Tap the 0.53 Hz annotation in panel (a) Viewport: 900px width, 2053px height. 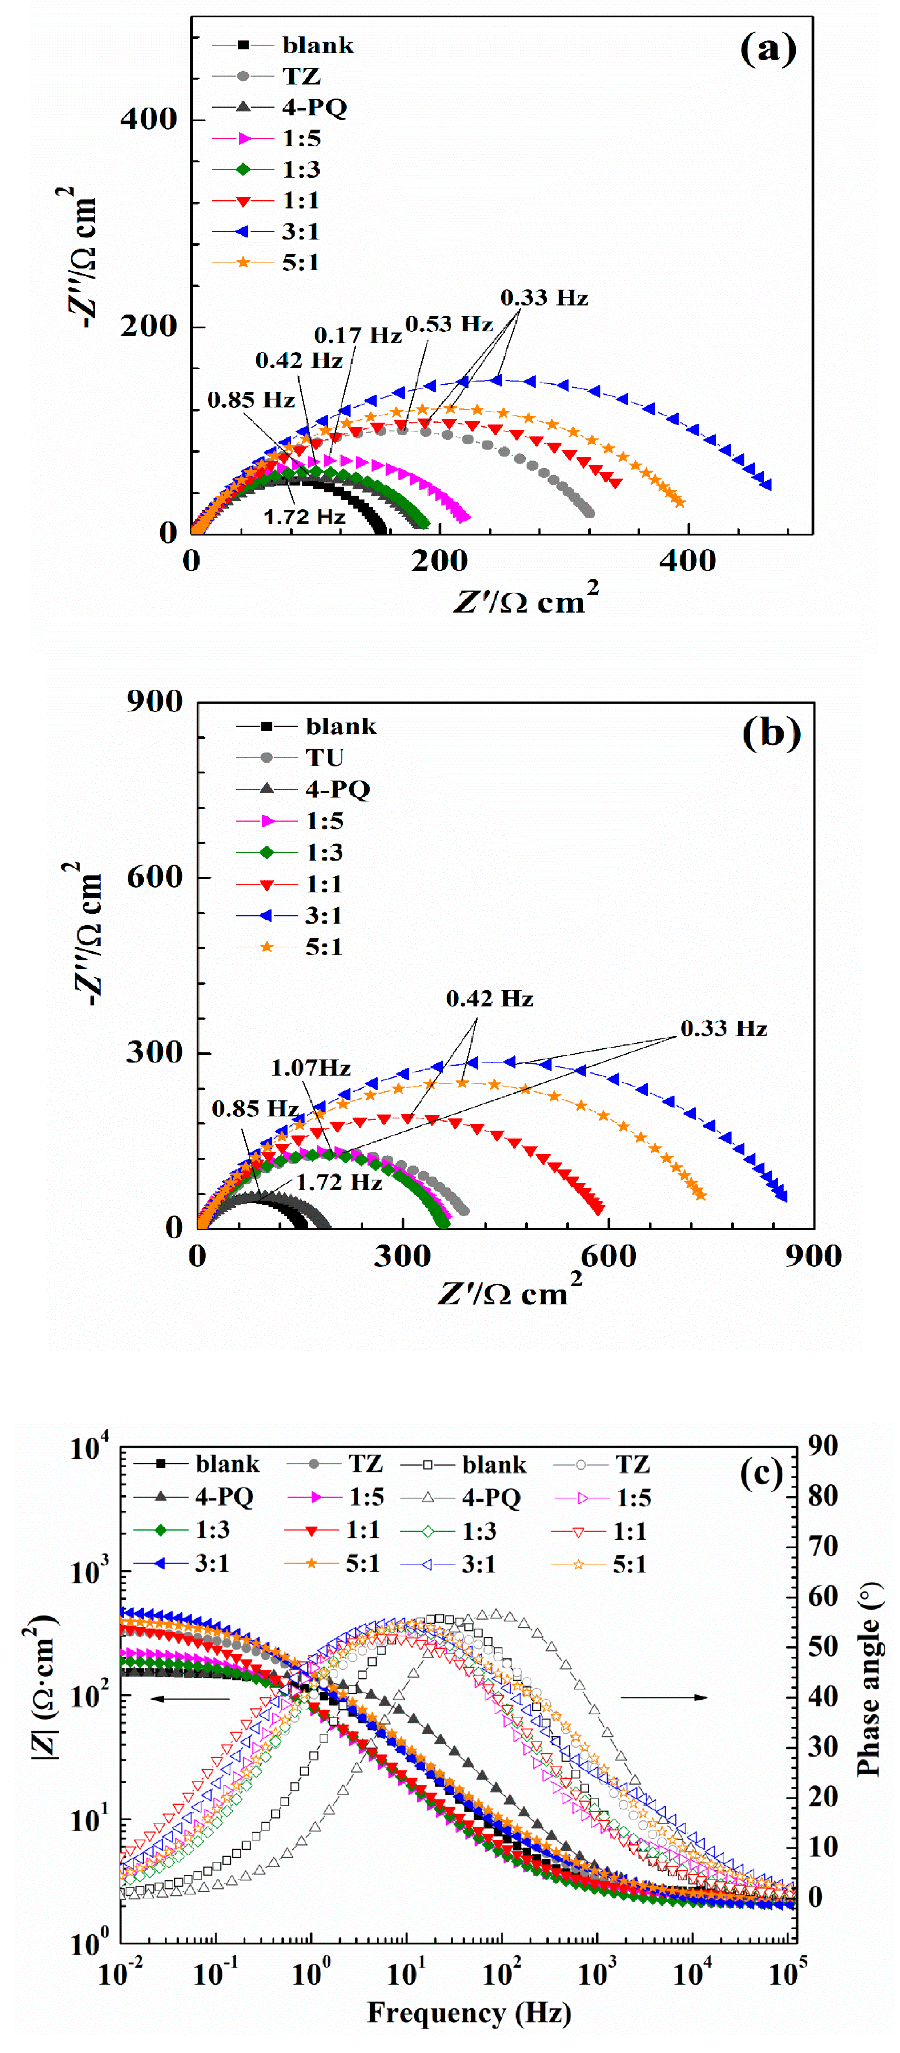[x=449, y=324]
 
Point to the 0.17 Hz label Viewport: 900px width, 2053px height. [x=357, y=336]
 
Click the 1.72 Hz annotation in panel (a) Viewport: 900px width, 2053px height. [x=305, y=517]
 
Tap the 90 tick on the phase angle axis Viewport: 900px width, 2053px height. [x=823, y=1446]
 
